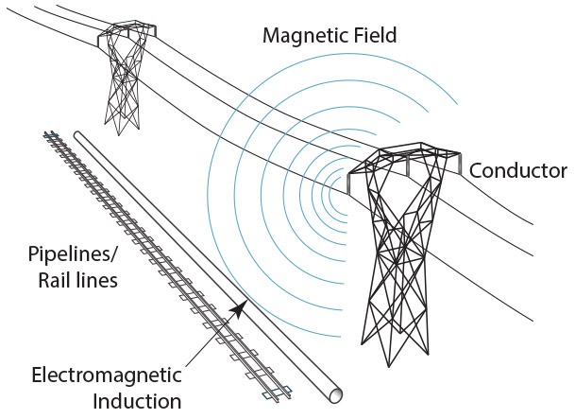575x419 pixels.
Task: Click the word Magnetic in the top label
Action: click(x=299, y=38)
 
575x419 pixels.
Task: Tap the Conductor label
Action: click(x=517, y=171)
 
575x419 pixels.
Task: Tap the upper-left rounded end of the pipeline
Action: click(x=79, y=135)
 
